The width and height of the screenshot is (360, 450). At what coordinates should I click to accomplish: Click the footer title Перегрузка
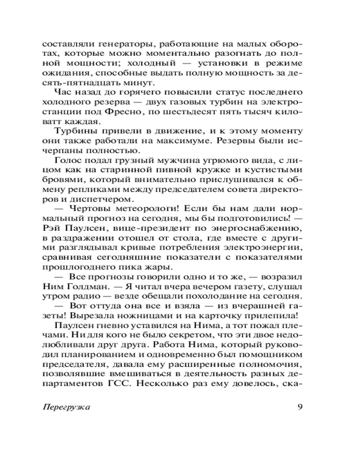tap(66, 407)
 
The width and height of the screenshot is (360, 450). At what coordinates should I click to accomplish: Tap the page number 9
tap(300, 406)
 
